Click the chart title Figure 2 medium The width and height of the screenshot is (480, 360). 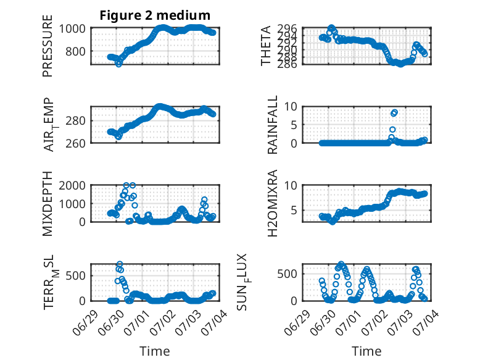pyautogui.click(x=155, y=15)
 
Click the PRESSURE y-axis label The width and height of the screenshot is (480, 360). pyautogui.click(x=48, y=46)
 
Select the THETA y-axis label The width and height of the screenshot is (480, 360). pyautogui.click(x=266, y=46)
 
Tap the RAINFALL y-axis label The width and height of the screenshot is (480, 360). pyautogui.click(x=272, y=125)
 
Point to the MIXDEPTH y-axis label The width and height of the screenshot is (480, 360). pyautogui.click(x=48, y=203)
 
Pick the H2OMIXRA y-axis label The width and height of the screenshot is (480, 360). pyautogui.click(x=272, y=203)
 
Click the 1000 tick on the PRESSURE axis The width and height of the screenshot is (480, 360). pyautogui.click(x=72, y=28)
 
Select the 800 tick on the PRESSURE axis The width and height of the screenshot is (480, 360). pyautogui.click(x=75, y=51)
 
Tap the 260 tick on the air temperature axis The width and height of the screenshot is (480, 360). pyautogui.click(x=75, y=143)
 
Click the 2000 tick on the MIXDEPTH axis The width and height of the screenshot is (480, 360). pyautogui.click(x=72, y=185)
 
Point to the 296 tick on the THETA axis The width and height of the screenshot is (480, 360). pyautogui.click(x=287, y=28)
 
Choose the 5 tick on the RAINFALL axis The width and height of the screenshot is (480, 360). pyautogui.click(x=294, y=125)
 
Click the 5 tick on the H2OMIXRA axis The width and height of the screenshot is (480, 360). pyautogui.click(x=294, y=211)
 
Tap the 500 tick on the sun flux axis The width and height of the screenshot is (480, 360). pyautogui.click(x=287, y=274)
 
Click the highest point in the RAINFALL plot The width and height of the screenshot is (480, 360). pyautogui.click(x=395, y=112)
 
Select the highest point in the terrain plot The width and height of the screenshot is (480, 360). pyautogui.click(x=120, y=264)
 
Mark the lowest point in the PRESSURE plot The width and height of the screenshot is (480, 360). pyautogui.click(x=118, y=64)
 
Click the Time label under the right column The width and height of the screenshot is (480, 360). pyautogui.click(x=366, y=351)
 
